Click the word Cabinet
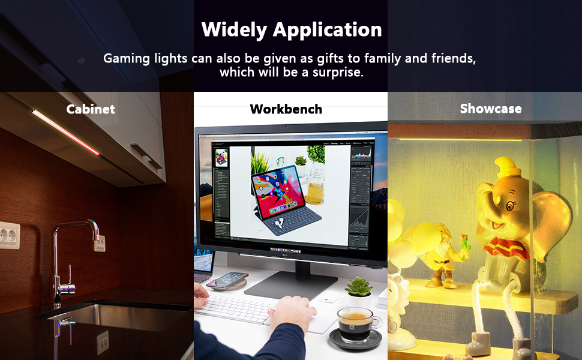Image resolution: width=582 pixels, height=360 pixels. click(91, 109)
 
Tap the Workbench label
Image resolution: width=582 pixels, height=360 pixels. click(286, 109)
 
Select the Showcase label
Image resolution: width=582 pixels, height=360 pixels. click(490, 109)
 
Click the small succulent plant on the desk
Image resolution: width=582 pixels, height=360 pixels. click(359, 287)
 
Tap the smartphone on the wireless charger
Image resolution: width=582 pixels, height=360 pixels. click(228, 280)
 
